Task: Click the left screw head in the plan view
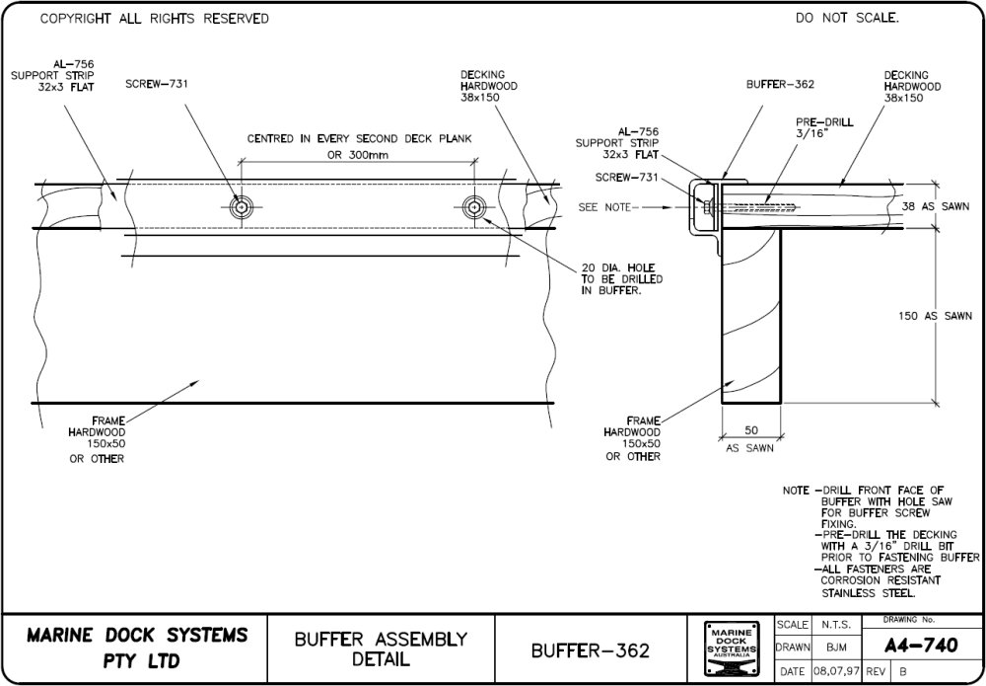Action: pyautogui.click(x=241, y=206)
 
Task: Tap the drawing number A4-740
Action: pyautogui.click(x=922, y=646)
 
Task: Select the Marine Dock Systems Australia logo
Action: pyautogui.click(x=731, y=648)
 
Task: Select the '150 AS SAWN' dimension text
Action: pyautogui.click(x=936, y=316)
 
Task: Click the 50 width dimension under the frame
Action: pyautogui.click(x=750, y=430)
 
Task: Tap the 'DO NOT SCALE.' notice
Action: pyautogui.click(x=847, y=18)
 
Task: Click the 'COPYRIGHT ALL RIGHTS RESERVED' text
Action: pyautogui.click(x=154, y=19)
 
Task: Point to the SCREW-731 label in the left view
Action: pyautogui.click(x=157, y=84)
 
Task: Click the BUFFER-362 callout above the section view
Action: pyautogui.click(x=780, y=84)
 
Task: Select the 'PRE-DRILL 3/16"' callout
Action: pyautogui.click(x=824, y=128)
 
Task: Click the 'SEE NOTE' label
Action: pyautogui.click(x=607, y=207)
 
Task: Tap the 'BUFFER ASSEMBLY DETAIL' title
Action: pyautogui.click(x=381, y=648)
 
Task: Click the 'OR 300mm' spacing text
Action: pyautogui.click(x=358, y=155)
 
